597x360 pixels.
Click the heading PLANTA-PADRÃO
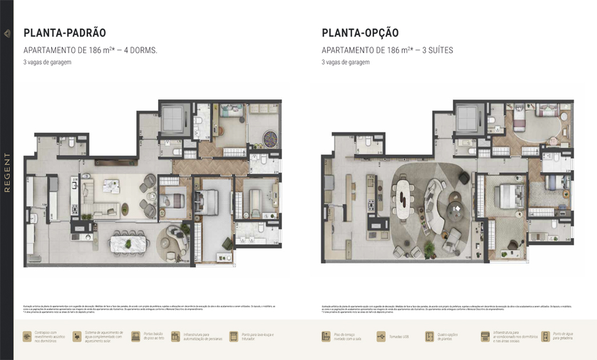pos(64,33)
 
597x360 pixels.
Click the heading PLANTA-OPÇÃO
pos(360,33)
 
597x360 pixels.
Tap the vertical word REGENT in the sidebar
pos(7,173)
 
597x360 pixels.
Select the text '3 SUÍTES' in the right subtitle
pos(437,51)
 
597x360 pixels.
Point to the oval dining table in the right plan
pos(402,198)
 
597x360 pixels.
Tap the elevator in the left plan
pos(173,118)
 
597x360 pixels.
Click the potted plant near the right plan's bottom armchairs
pos(430,249)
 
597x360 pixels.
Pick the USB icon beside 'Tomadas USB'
pos(381,337)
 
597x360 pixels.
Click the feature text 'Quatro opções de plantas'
pos(448,337)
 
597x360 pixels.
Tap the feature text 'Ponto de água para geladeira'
pos(563,337)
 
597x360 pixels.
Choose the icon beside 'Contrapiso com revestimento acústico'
pos(27,337)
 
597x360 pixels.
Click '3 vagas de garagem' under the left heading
pos(47,62)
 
